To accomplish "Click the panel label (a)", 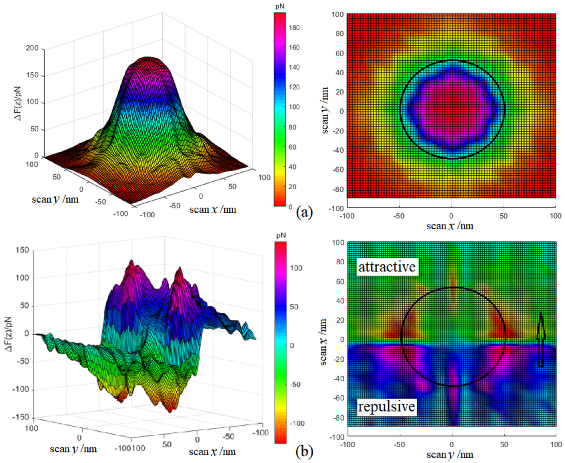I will point(304,213).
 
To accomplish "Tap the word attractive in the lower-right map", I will point(387,267).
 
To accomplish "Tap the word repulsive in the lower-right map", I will point(386,407).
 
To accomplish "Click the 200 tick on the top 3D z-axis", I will point(33,48).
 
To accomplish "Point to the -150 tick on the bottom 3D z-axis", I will point(23,417).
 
